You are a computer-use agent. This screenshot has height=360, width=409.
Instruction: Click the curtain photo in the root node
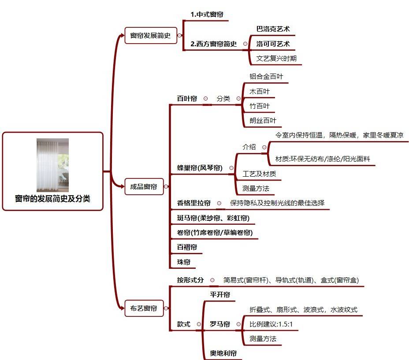(53, 165)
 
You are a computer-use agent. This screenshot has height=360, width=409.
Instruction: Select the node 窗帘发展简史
(151, 36)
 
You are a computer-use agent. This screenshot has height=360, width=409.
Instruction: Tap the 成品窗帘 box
(144, 186)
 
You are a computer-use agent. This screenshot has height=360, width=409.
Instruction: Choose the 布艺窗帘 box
(144, 308)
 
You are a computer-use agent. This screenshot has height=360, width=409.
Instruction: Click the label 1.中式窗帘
(207, 15)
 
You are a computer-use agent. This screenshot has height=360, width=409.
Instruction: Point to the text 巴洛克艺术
(273, 29)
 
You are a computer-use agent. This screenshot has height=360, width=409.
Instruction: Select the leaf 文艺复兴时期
(276, 59)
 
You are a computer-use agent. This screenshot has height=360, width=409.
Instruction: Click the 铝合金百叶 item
(266, 76)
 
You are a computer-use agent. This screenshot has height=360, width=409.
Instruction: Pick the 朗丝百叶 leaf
(263, 121)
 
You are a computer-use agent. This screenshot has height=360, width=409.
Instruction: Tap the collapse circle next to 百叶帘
(205, 99)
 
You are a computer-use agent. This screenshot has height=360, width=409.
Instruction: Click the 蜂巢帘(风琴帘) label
(200, 168)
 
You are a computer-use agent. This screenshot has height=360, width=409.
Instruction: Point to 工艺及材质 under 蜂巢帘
(259, 174)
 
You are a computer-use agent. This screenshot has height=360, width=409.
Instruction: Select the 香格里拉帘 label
(193, 203)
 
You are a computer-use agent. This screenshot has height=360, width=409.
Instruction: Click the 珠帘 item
(184, 262)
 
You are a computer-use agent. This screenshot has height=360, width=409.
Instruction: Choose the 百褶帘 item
(187, 247)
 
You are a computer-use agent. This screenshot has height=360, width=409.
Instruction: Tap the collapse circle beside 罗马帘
(238, 324)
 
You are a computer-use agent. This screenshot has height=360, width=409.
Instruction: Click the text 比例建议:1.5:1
(271, 324)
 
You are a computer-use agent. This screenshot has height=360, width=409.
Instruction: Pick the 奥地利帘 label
(223, 353)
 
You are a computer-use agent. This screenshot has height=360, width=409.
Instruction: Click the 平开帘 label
(220, 295)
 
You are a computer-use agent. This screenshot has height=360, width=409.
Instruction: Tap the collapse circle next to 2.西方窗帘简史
(245, 44)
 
